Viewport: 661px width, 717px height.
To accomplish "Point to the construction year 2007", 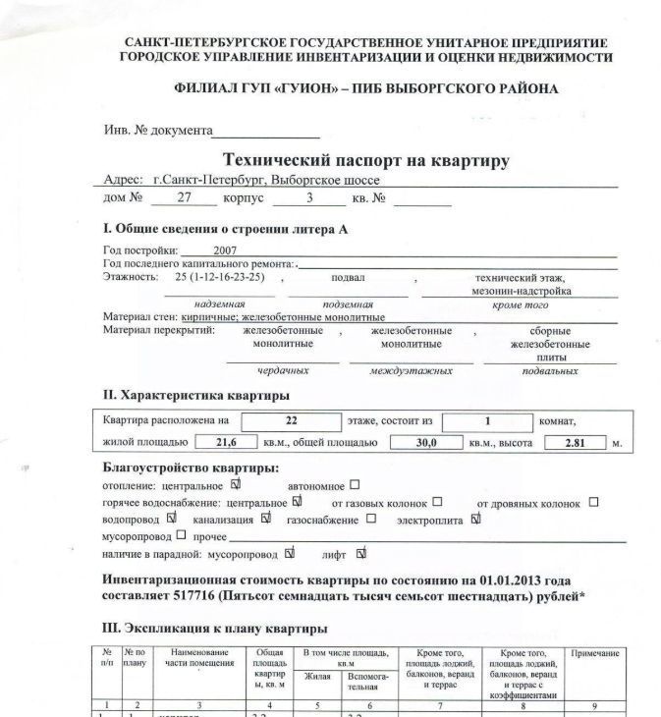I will point(225,250).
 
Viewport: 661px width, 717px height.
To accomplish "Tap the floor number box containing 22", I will point(291,420).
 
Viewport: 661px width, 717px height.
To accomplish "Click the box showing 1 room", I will point(486,420).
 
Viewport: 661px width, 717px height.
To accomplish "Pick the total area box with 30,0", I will point(424,443).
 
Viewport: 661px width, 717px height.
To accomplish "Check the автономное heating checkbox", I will point(355,484).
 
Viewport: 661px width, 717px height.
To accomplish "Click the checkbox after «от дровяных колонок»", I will point(593,502).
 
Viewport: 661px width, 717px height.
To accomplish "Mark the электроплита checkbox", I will point(476,519).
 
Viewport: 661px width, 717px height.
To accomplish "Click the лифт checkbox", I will point(361,553).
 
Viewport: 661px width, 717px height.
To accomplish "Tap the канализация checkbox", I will point(264,519).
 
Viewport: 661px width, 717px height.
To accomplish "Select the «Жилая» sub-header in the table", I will point(317,677).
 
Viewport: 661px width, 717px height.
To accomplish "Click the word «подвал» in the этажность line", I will point(349,278).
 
